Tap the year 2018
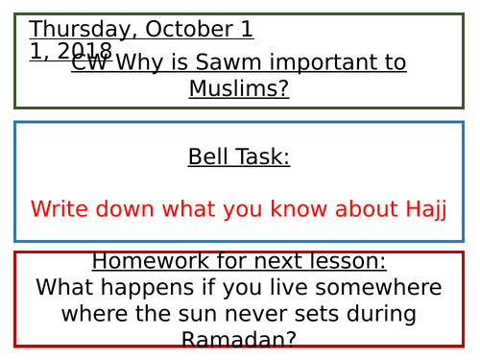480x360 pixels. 85,51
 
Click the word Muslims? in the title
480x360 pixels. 239,89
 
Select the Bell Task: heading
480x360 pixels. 239,156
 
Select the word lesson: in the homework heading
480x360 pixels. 344,261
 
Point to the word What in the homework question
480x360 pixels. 61,287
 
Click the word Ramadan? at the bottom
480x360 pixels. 239,339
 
